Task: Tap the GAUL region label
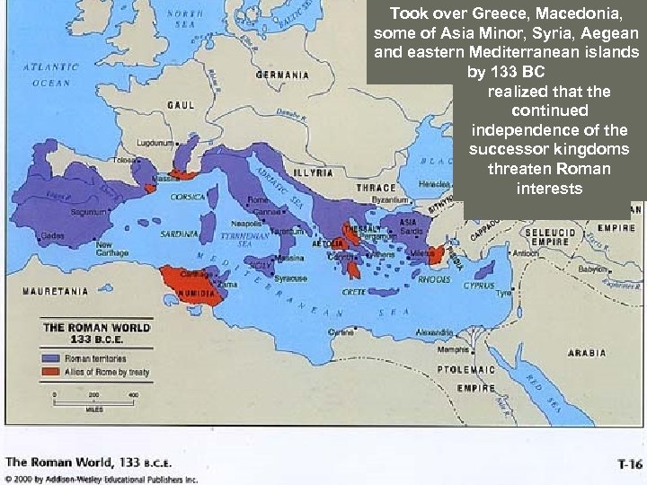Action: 180,105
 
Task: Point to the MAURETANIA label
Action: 56,291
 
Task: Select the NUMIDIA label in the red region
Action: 199,294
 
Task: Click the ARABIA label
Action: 586,353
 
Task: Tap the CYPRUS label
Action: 479,286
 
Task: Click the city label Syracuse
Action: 290,278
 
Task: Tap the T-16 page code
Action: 628,464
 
